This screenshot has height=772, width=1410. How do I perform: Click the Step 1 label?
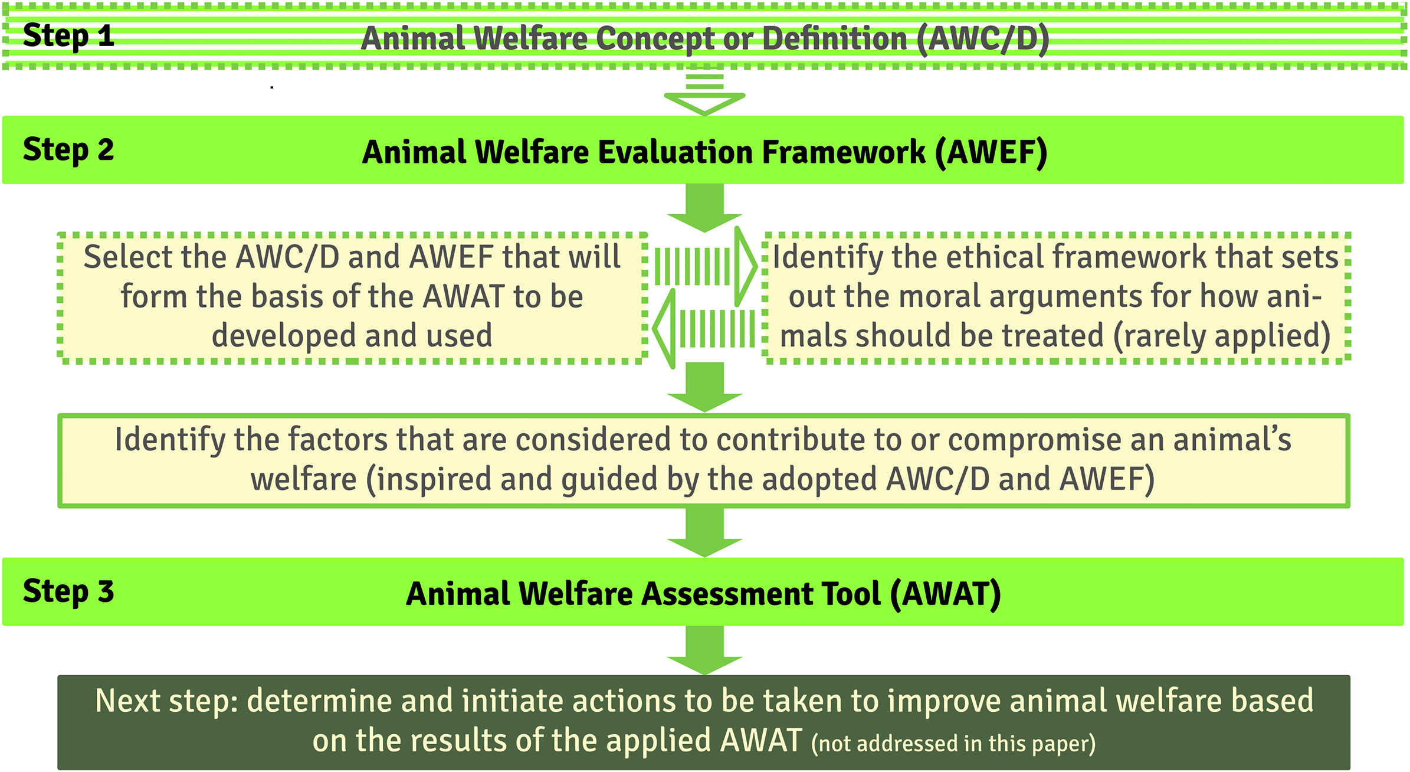click(x=68, y=36)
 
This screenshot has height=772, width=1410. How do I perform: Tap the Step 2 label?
click(x=68, y=150)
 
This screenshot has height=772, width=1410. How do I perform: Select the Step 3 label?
click(x=68, y=591)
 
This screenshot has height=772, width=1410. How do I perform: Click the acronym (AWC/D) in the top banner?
click(x=983, y=39)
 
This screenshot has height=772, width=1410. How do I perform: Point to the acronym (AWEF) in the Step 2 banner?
click(x=991, y=152)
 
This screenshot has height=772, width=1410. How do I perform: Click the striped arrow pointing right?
click(x=705, y=266)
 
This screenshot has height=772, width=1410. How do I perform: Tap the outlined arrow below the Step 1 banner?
click(x=704, y=94)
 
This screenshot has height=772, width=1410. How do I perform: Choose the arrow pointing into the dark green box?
click(x=704, y=650)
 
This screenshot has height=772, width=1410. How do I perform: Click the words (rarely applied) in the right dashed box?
click(x=1221, y=336)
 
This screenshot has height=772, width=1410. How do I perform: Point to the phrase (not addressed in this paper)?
click(x=953, y=744)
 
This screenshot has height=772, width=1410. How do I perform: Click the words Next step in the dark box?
click(x=166, y=701)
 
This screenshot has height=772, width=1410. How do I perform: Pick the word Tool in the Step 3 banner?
click(x=852, y=594)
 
